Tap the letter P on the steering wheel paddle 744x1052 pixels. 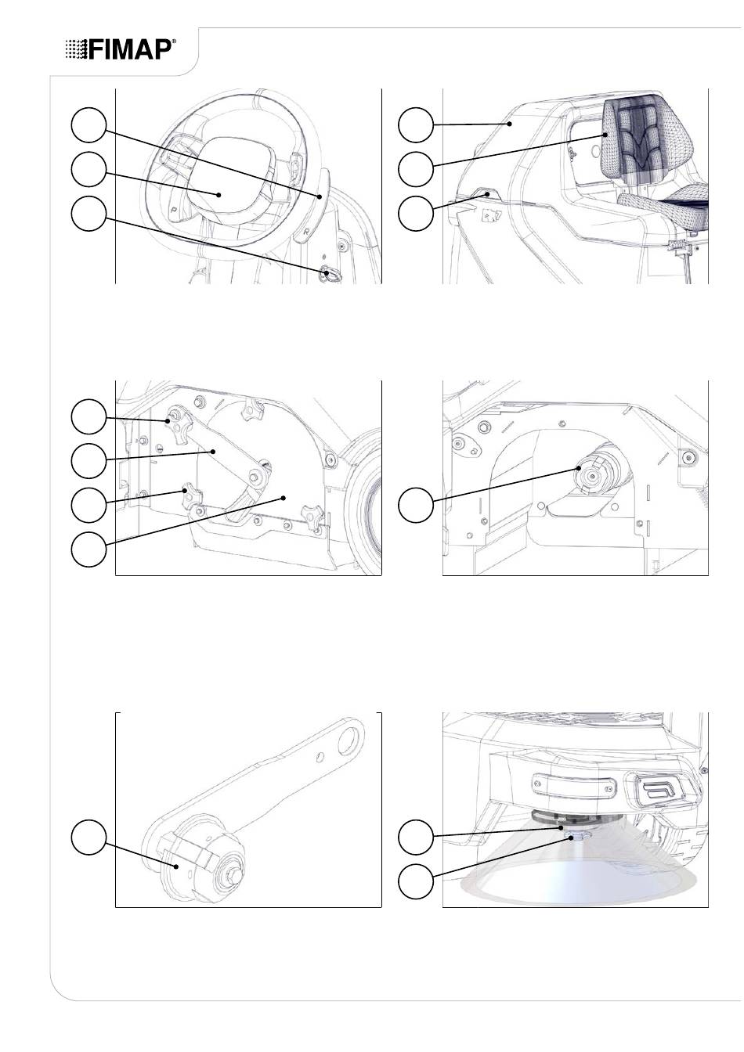pos(173,207)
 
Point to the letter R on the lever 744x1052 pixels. pos(306,232)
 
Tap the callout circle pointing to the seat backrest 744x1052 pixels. pos(416,168)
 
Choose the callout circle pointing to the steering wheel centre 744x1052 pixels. pos(88,168)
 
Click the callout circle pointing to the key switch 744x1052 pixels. pos(88,214)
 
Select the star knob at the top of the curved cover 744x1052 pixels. pos(251,408)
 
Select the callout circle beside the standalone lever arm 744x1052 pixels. pos(88,838)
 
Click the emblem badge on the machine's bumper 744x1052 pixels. pos(663,791)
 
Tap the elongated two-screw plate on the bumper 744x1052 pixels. pos(573,786)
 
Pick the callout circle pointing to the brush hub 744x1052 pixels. pos(416,505)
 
